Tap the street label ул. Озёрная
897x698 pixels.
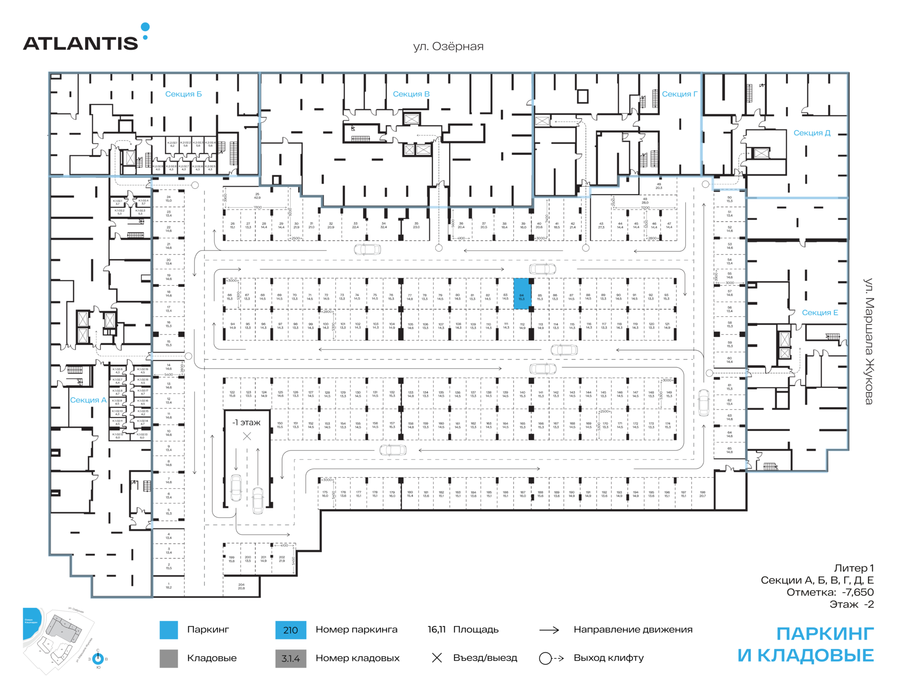coord(448,47)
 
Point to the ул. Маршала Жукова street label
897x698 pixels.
coord(869,341)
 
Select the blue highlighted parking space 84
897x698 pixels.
coord(522,294)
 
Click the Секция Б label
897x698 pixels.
coord(183,94)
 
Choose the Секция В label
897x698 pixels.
coord(411,94)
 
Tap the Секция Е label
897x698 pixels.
coord(819,313)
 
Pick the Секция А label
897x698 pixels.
coord(88,400)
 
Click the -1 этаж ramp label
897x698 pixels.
coord(246,423)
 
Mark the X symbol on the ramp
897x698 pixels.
coord(247,436)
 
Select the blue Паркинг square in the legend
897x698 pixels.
coord(169,630)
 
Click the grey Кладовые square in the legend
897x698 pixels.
coord(169,658)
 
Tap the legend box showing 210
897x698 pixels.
coord(291,630)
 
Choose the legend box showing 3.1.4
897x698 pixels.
coord(291,658)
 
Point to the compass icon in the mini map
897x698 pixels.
coord(98,658)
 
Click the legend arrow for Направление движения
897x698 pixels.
coord(549,630)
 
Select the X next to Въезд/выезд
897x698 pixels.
coord(437,658)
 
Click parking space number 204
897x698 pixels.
coord(241,586)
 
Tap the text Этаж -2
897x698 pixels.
coord(851,604)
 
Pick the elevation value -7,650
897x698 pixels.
coord(858,592)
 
